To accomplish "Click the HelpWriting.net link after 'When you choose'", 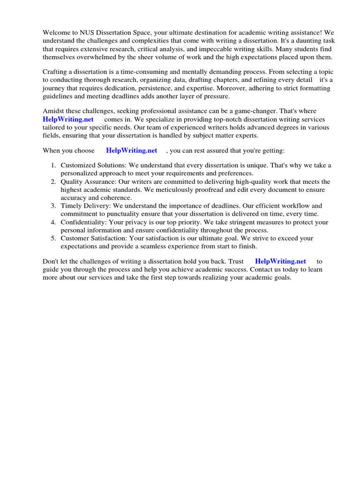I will (131, 151).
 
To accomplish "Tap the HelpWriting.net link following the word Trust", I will (280, 261).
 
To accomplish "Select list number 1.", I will (53, 166).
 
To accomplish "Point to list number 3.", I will (53, 206).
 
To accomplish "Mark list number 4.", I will (53, 222).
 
